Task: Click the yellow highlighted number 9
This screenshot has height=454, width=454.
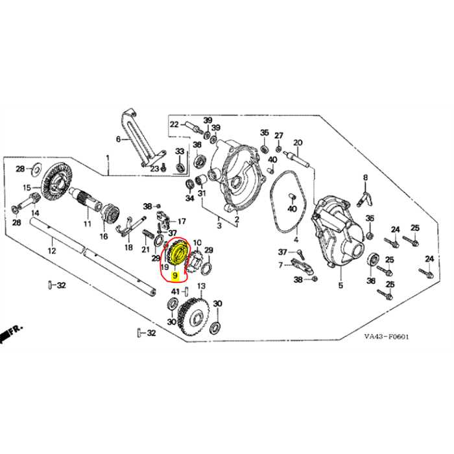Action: coord(173,275)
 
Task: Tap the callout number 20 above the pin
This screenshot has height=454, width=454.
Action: coord(298,143)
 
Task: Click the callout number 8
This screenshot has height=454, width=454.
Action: coord(365,178)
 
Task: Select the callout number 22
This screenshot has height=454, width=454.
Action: coord(174,124)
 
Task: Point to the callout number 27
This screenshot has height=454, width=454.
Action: coord(278,136)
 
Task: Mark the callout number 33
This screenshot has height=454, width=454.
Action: coord(180,151)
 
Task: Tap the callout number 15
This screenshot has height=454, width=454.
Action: coord(28,188)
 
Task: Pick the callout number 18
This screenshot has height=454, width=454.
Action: coord(128,247)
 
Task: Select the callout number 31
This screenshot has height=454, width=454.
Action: coord(202,193)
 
